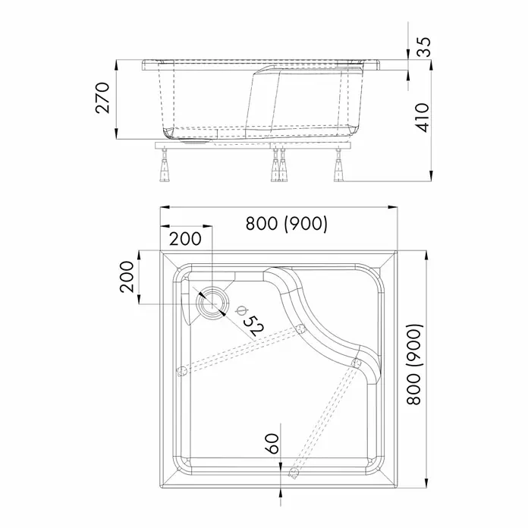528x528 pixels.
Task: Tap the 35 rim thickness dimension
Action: (x=425, y=47)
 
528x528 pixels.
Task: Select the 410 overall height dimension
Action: (x=423, y=118)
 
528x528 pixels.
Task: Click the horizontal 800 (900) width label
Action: (x=286, y=223)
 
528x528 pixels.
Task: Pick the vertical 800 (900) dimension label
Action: (x=414, y=364)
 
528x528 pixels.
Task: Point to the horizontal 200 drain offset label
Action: (x=185, y=239)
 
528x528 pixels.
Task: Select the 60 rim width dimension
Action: (x=272, y=444)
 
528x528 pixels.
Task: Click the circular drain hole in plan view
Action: (x=212, y=302)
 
